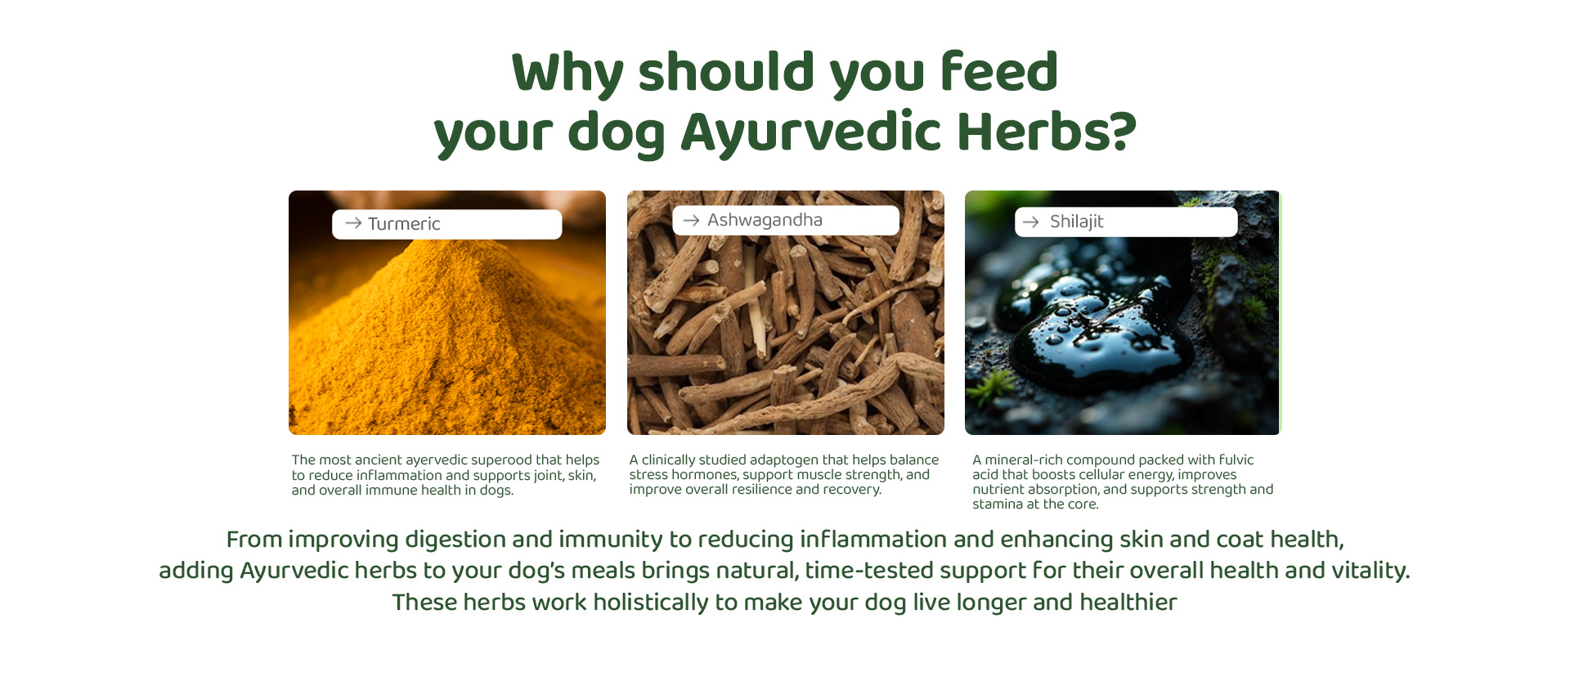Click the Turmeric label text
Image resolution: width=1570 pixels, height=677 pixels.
(404, 224)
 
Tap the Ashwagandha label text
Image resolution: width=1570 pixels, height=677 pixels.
(765, 220)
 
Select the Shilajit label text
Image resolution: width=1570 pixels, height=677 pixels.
(1076, 222)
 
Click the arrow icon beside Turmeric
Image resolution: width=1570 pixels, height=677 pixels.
(353, 223)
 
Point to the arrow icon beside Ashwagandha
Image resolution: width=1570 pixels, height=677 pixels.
(691, 220)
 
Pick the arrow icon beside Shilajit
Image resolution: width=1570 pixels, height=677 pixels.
(1030, 222)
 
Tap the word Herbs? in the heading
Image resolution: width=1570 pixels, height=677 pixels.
(1047, 131)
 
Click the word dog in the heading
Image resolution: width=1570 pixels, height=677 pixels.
(616, 132)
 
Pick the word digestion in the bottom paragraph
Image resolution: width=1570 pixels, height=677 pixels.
(455, 540)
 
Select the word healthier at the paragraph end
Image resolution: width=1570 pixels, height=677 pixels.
(1128, 603)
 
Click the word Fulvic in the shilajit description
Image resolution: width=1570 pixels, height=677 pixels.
(1236, 460)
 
